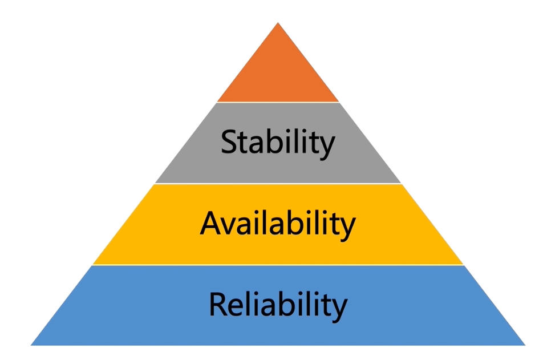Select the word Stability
(278, 143)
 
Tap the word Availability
(278, 224)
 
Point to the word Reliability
(278, 305)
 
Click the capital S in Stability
(229, 141)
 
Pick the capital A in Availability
(211, 223)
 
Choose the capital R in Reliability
(218, 304)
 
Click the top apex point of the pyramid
(278, 22)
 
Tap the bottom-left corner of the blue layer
(31, 345)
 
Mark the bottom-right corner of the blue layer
(525, 345)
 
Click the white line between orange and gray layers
(278, 102)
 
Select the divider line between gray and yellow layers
(278, 184)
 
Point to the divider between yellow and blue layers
(278, 265)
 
